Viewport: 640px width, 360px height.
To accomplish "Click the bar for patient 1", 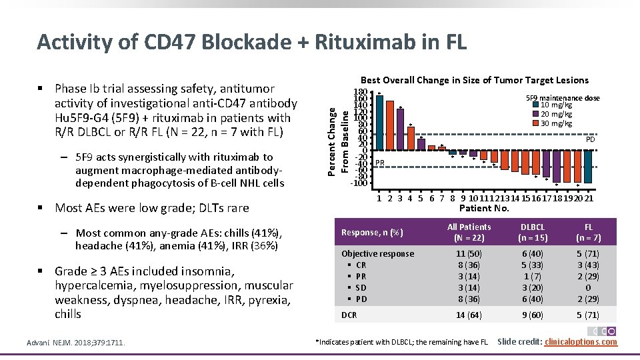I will click(x=379, y=123).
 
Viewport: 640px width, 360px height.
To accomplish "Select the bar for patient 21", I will click(x=589, y=166).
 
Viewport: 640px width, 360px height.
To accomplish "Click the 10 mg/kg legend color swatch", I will click(x=535, y=105).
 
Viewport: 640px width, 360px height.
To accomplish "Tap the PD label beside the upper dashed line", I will click(x=590, y=140).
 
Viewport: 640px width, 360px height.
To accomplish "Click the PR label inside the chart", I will click(x=380, y=163).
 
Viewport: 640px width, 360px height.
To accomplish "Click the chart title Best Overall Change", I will click(x=474, y=80).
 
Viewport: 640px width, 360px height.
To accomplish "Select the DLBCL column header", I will click(x=532, y=232).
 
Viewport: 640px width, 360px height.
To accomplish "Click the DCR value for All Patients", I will click(x=469, y=315).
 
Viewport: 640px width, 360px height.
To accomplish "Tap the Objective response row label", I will click(x=377, y=253).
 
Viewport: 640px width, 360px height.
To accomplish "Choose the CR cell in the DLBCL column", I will click(x=532, y=265).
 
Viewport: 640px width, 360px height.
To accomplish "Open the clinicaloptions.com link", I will click(x=581, y=342).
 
